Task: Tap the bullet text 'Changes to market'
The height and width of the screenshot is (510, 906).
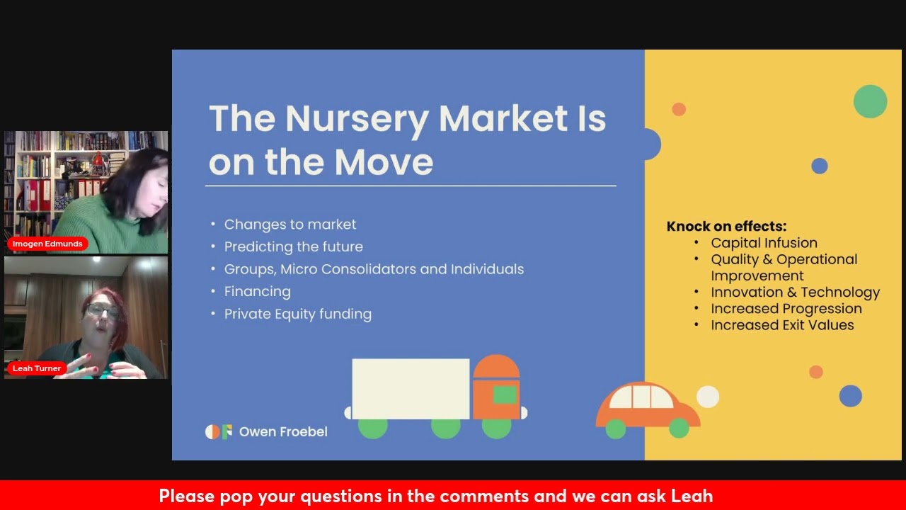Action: [x=290, y=225]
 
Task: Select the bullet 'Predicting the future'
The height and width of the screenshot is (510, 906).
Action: [x=293, y=247]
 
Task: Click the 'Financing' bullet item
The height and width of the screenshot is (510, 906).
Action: [x=257, y=292]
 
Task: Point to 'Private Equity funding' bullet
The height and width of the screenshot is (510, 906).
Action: [x=297, y=314]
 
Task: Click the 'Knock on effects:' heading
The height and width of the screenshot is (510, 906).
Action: [x=726, y=227]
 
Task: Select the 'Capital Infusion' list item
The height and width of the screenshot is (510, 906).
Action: [x=764, y=243]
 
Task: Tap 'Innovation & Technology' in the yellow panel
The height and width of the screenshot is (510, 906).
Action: [x=795, y=293]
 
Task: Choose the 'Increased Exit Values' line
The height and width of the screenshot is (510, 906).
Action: [x=782, y=325]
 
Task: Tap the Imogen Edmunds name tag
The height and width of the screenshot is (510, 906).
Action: [x=47, y=244]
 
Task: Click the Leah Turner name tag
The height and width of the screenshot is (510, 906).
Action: [x=37, y=368]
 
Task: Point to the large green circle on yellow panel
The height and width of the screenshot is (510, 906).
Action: [x=870, y=101]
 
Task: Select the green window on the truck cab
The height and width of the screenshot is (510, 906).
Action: [x=505, y=395]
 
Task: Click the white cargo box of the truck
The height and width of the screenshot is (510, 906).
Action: [x=411, y=389]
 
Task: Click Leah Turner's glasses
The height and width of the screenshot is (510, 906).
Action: [x=103, y=311]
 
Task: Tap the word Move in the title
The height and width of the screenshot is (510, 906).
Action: [x=384, y=163]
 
